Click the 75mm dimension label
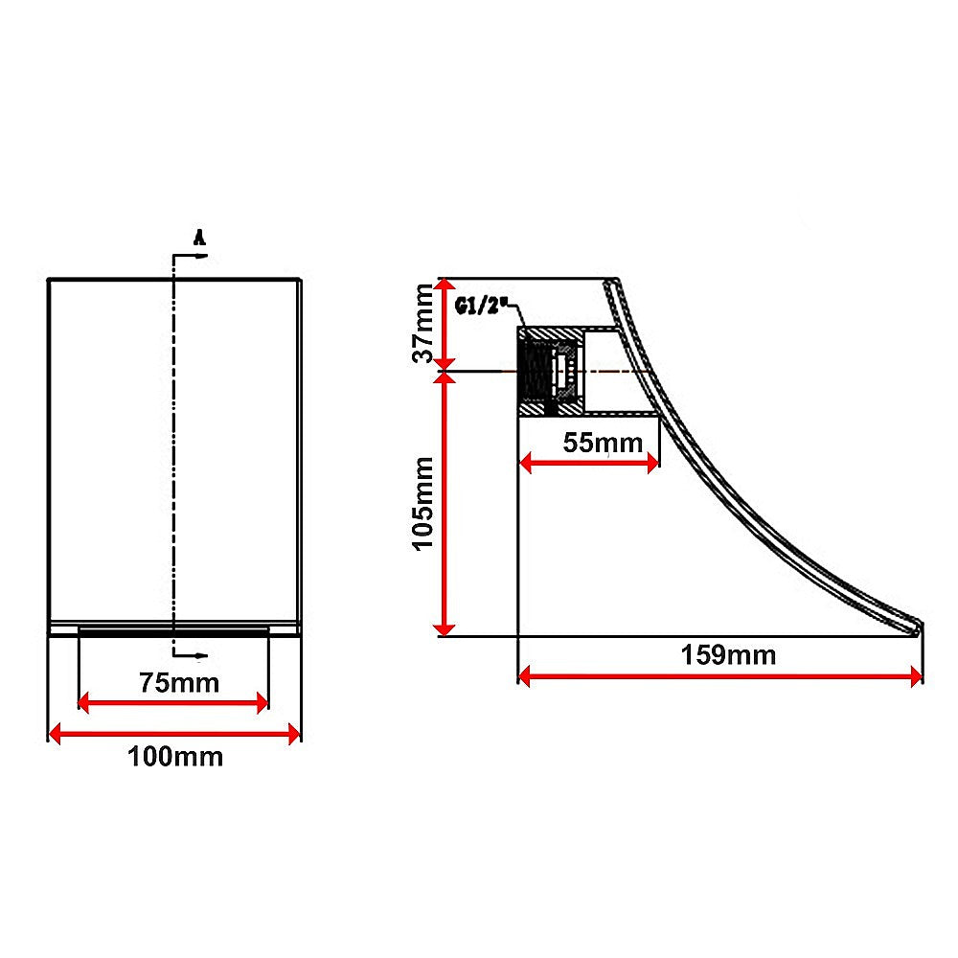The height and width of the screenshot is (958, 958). coord(179,683)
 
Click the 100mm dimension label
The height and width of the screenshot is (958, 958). coord(175,757)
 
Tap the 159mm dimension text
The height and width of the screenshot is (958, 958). coord(728,656)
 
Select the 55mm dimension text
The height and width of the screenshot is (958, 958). coord(589,443)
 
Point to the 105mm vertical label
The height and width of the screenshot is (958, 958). coord(423,503)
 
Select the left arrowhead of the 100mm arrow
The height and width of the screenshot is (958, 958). coord(54,734)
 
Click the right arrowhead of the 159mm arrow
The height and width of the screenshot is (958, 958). coord(917,677)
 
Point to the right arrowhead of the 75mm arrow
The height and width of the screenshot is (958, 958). coord(262,704)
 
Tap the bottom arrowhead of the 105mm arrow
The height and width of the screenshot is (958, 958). coord(444,627)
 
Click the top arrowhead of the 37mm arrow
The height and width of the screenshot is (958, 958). coord(444,285)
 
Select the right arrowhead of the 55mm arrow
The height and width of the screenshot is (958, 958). coord(653,463)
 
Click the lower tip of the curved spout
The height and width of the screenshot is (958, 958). coord(917,628)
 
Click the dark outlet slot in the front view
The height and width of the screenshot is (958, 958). coord(173,630)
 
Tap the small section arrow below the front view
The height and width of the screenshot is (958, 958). coord(199,656)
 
